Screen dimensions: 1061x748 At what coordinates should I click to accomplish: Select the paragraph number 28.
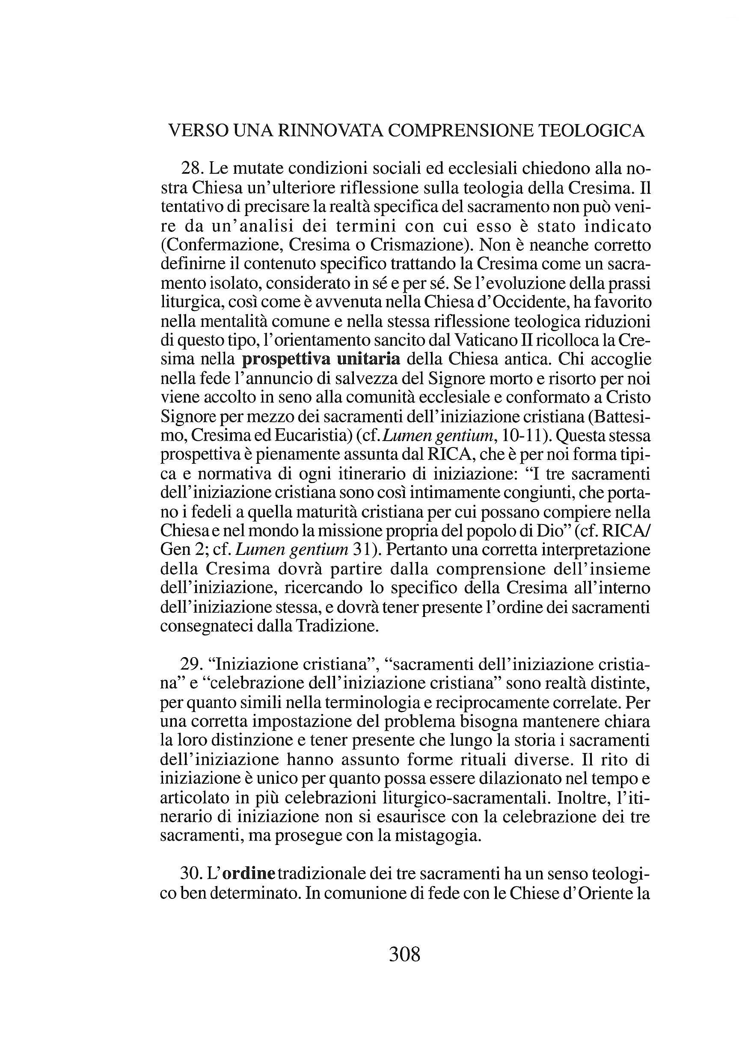click(191, 168)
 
